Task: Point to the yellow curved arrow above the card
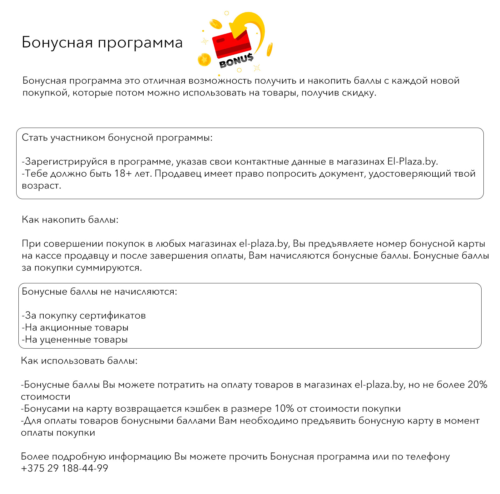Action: click(250, 27)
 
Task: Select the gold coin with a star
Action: click(204, 59)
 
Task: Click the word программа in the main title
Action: click(140, 42)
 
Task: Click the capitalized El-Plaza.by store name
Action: click(412, 162)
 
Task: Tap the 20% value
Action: click(477, 384)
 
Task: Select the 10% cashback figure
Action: click(284, 408)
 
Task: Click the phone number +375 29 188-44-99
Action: click(65, 468)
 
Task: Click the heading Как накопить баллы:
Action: click(70, 220)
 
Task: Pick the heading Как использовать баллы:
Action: click(79, 361)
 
